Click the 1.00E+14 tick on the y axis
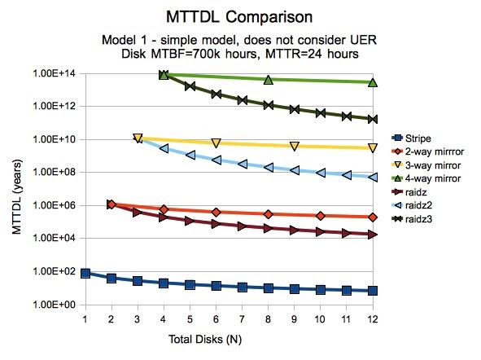53,74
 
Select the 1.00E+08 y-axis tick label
53,173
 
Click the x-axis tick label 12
373,318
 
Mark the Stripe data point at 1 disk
85,274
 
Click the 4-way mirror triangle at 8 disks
269,79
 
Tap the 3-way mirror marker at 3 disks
138,138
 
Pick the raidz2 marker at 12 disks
373,177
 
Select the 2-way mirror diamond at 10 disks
321,216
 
